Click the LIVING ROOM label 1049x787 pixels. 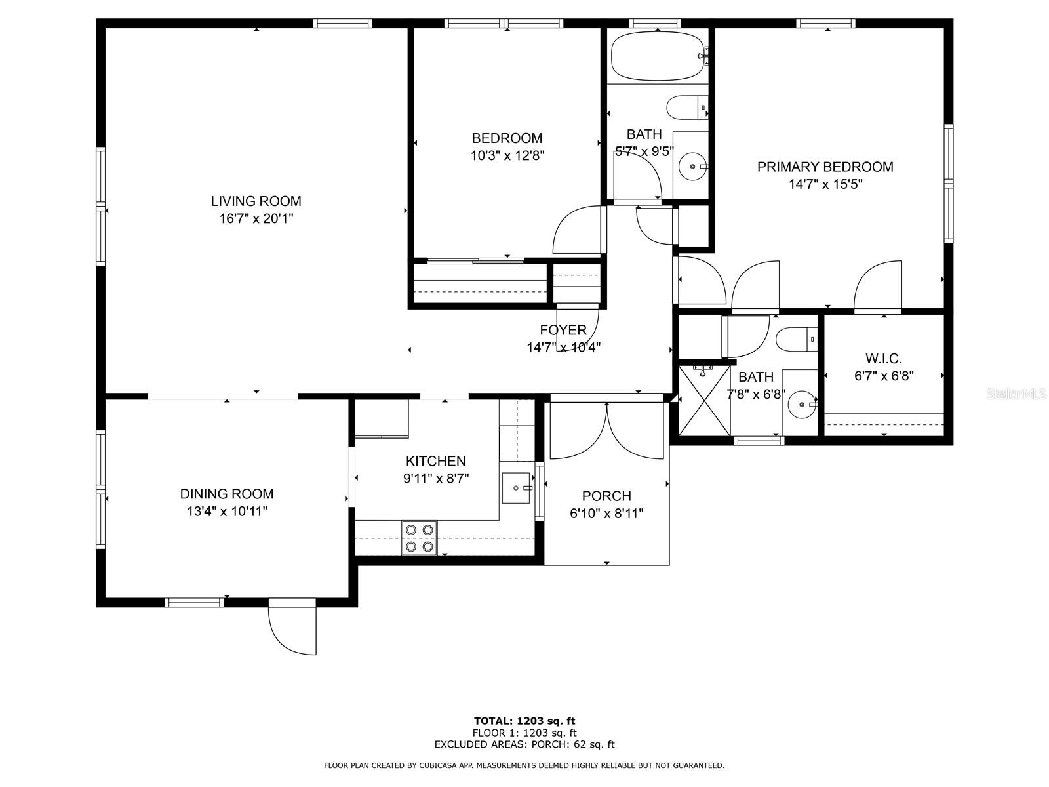coord(256,201)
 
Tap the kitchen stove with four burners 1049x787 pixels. coord(420,538)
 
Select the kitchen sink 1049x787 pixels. coord(516,487)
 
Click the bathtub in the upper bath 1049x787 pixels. coord(658,56)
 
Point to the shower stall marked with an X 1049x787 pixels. coord(703,401)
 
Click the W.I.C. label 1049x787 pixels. coord(883,359)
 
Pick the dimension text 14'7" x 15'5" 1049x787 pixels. coord(825,184)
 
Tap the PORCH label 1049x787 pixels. coord(606,496)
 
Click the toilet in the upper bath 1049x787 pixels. coord(686,108)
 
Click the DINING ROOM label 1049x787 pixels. coord(227,494)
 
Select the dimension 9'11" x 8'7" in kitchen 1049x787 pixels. coord(436,478)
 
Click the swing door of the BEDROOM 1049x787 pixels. coord(577,231)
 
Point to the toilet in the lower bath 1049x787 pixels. coord(795,339)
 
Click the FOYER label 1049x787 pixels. coord(563,330)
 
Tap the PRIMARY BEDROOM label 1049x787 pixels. coord(825,167)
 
